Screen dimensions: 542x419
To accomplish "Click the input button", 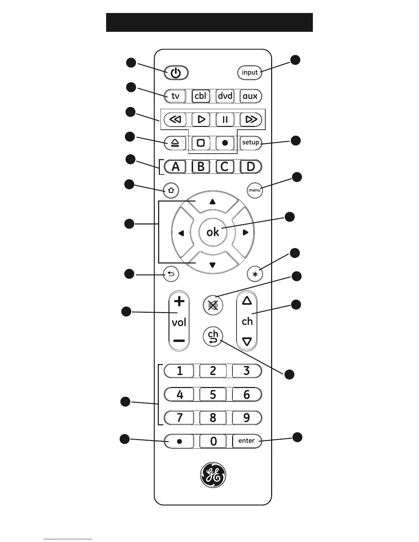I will [250, 73].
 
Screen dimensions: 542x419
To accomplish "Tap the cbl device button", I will [201, 96].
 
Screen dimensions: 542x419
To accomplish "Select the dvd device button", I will [225, 96].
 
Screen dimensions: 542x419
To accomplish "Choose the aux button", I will [250, 96].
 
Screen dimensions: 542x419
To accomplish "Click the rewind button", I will [175, 119].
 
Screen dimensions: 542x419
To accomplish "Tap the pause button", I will [225, 119].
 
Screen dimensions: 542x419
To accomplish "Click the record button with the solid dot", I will [225, 143].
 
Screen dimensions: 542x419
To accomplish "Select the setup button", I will [251, 142].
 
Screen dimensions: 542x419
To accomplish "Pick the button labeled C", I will [225, 167].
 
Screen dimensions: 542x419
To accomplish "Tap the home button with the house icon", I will [171, 191].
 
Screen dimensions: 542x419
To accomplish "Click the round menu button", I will [255, 190].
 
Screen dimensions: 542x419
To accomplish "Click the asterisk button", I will [255, 274].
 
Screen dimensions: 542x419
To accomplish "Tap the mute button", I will [213, 305].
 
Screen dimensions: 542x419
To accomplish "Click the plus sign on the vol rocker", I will [179, 301].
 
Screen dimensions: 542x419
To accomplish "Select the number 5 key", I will [213, 395].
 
